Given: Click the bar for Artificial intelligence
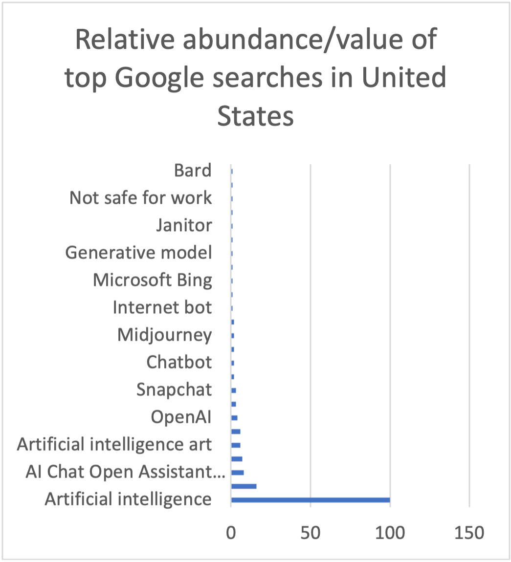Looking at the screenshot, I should click(310, 500).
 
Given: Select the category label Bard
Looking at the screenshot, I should click(193, 171).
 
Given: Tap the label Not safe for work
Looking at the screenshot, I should click(141, 198).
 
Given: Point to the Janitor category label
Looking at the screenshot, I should click(184, 225).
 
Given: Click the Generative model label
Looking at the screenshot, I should click(138, 253).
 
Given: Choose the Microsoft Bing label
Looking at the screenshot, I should click(152, 281).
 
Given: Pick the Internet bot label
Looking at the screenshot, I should click(162, 308).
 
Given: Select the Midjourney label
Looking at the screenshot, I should click(164, 335).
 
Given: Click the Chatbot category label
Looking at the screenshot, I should click(179, 363).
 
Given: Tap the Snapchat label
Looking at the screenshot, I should click(174, 390).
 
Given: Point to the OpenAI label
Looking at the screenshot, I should click(181, 417).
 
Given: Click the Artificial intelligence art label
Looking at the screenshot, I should click(114, 445).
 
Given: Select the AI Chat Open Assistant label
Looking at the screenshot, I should click(125, 473).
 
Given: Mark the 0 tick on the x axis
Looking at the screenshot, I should click(231, 533).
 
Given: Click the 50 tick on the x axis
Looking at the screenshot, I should click(310, 533).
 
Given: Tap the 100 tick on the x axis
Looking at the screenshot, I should click(390, 533).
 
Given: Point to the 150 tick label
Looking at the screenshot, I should click(469, 533).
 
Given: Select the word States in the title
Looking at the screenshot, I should click(255, 116).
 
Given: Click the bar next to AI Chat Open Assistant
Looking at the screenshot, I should click(237, 473).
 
